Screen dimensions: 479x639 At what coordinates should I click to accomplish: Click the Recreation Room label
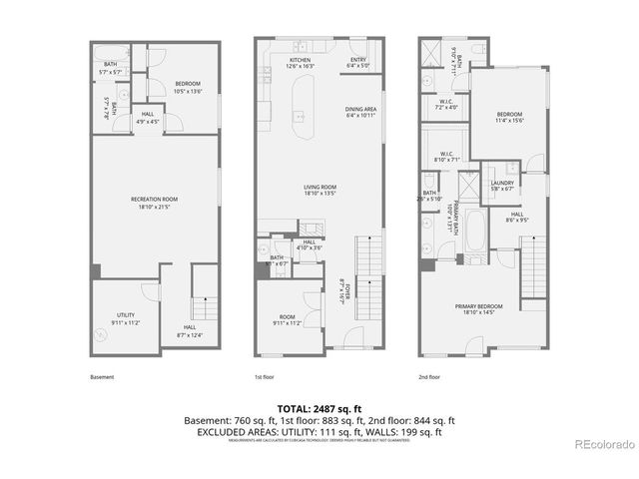click(x=154, y=202)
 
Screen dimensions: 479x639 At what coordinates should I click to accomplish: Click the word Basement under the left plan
click(x=102, y=377)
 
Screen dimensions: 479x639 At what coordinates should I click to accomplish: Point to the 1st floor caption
click(x=264, y=377)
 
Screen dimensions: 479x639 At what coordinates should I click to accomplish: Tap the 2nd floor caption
click(x=430, y=377)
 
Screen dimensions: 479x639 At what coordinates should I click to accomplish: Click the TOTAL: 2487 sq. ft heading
click(x=319, y=409)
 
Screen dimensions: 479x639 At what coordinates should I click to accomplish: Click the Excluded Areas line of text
click(x=319, y=433)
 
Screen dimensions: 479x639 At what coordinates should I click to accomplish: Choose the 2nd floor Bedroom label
click(x=510, y=117)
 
